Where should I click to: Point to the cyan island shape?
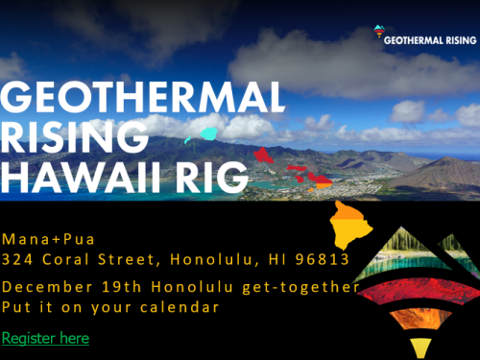click(x=207, y=135)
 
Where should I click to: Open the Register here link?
click(x=45, y=338)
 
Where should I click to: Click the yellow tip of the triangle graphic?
click(x=420, y=348)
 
